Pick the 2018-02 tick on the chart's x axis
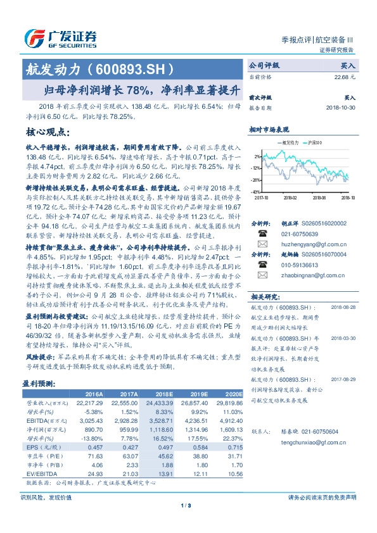pos(290,197)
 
